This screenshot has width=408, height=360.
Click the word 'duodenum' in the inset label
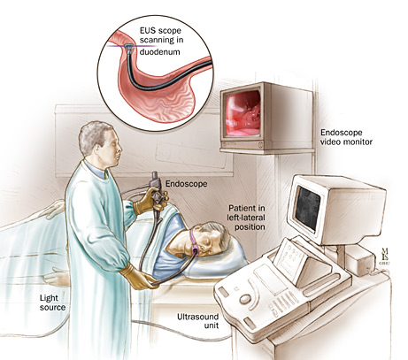(159, 52)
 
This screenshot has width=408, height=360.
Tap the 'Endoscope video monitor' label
(346, 137)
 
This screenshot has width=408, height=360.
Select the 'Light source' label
(52, 303)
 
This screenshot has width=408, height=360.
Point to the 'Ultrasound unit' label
(197, 321)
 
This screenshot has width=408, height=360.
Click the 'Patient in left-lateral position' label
(246, 218)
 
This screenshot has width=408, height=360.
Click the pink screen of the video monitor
(242, 113)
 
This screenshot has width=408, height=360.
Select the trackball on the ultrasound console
(245, 300)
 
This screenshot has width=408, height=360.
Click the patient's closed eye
(208, 241)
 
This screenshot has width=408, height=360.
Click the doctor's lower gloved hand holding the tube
(139, 277)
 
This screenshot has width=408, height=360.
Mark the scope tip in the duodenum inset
(129, 47)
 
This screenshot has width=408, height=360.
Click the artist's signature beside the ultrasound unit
(384, 256)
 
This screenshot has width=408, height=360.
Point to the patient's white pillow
(213, 259)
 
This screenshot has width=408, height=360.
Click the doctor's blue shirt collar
(99, 170)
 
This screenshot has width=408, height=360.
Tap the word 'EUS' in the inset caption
(147, 30)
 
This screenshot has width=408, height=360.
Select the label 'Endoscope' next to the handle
(186, 184)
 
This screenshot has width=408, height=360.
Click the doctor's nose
(120, 149)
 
